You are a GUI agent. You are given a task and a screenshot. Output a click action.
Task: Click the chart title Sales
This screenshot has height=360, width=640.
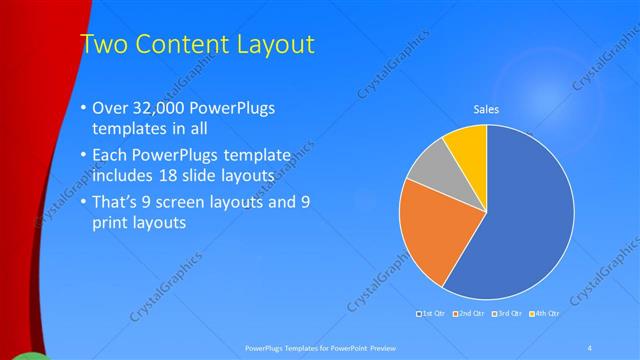(x=486, y=110)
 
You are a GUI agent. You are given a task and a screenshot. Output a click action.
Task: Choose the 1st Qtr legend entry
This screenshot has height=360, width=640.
(x=432, y=314)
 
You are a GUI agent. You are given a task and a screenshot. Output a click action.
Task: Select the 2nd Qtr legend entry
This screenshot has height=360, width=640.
(x=471, y=314)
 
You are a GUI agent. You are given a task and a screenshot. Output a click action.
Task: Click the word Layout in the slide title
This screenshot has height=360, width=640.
(x=274, y=44)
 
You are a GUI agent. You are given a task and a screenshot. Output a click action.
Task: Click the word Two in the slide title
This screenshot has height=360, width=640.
(x=102, y=44)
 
